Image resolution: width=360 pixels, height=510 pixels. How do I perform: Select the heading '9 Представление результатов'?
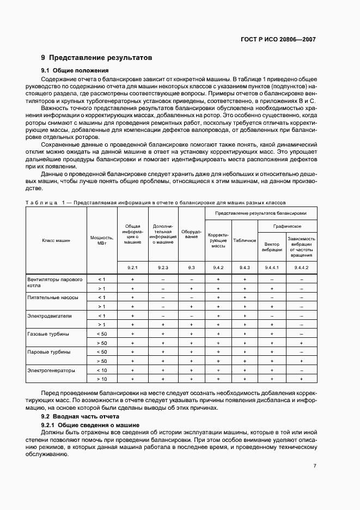[x=96, y=58]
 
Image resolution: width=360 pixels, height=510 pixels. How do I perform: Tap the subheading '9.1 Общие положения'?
[x=75, y=70]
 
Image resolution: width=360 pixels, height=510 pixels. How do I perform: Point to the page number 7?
[x=315, y=466]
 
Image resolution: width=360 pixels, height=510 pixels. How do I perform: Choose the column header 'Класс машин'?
[x=56, y=239]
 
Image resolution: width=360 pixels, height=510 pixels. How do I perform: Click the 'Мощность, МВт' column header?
[x=101, y=239]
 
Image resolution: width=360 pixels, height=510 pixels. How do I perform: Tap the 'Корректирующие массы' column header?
[x=218, y=240]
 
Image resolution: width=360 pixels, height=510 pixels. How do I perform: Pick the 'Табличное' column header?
[x=245, y=240]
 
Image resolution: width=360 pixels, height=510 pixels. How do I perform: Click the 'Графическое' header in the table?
[x=288, y=225]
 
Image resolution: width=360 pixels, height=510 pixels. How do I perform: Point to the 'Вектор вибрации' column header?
[x=272, y=246]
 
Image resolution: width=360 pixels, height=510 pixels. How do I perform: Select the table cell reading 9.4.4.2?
[x=301, y=268]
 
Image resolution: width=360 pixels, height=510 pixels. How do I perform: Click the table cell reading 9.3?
[x=191, y=268]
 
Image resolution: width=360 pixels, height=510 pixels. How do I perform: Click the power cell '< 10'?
[x=101, y=370]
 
